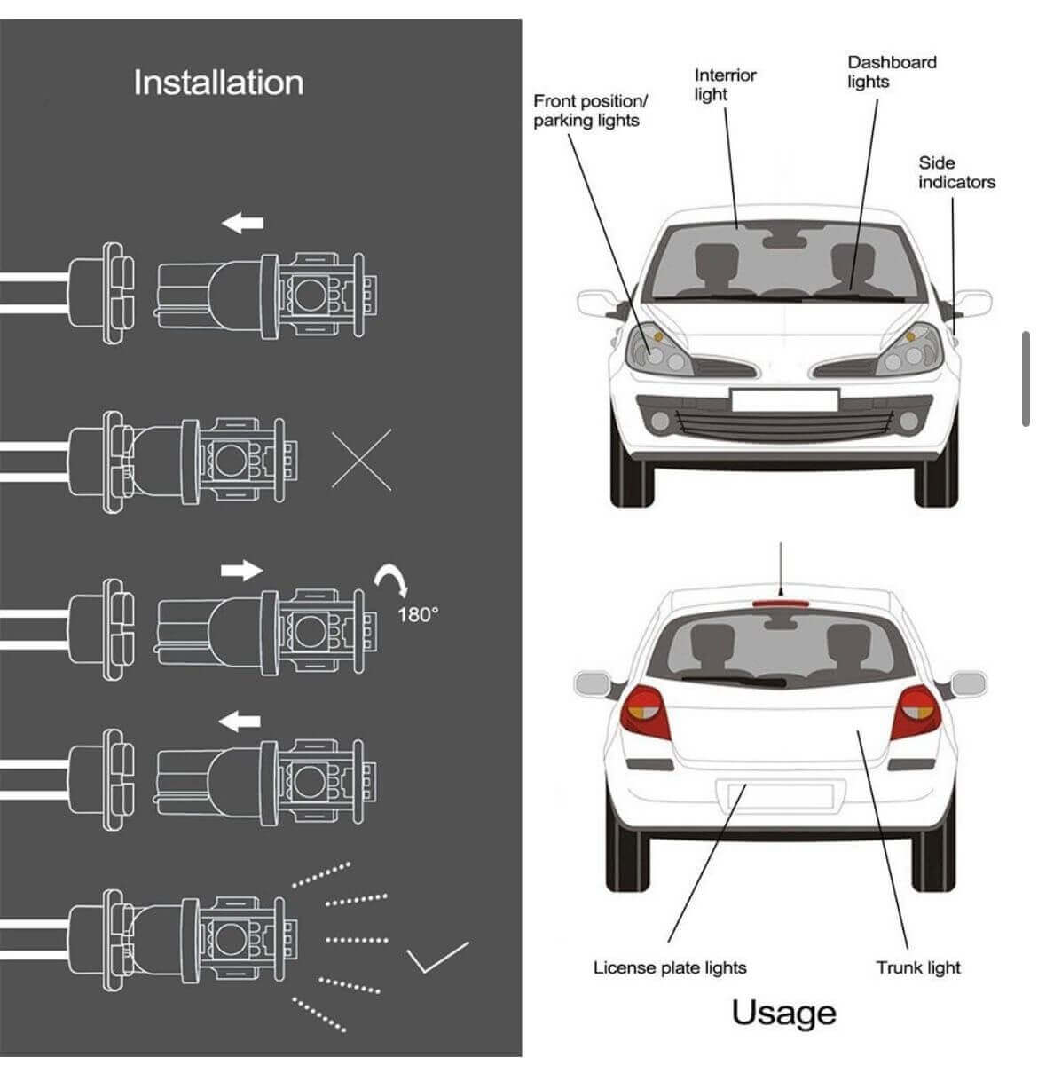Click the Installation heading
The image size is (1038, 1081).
point(218,83)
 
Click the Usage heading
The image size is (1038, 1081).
point(783,1013)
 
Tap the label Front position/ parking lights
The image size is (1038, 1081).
point(590,111)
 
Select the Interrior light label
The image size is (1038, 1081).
point(725,84)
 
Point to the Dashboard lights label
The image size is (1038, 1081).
point(891,72)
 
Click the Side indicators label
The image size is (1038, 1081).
point(955,172)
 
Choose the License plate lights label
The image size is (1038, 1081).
point(670,967)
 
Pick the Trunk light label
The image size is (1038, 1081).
point(918,967)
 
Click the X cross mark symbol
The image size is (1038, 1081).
point(361,459)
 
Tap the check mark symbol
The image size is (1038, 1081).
point(437,956)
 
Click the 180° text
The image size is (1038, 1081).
point(417,614)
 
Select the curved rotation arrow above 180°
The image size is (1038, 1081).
point(390,580)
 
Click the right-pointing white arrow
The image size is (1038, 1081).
point(241,569)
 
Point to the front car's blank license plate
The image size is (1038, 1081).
point(784,399)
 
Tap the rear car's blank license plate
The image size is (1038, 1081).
point(774,795)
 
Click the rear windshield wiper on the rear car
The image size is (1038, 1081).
point(735,681)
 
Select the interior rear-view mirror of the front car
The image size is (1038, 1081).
point(783,238)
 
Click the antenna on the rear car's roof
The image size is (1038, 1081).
point(780,568)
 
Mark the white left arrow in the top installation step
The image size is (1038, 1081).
point(242,223)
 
